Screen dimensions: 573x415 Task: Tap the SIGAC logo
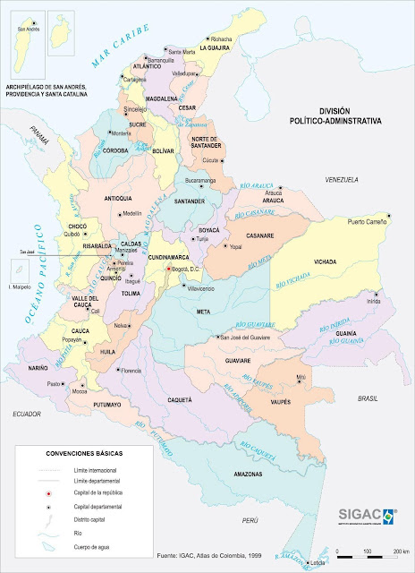pos(368,517)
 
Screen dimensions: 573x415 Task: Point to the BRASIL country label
pos(368,398)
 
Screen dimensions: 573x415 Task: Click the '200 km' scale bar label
pos(401,551)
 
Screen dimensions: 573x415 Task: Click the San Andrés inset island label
pos(29,29)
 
